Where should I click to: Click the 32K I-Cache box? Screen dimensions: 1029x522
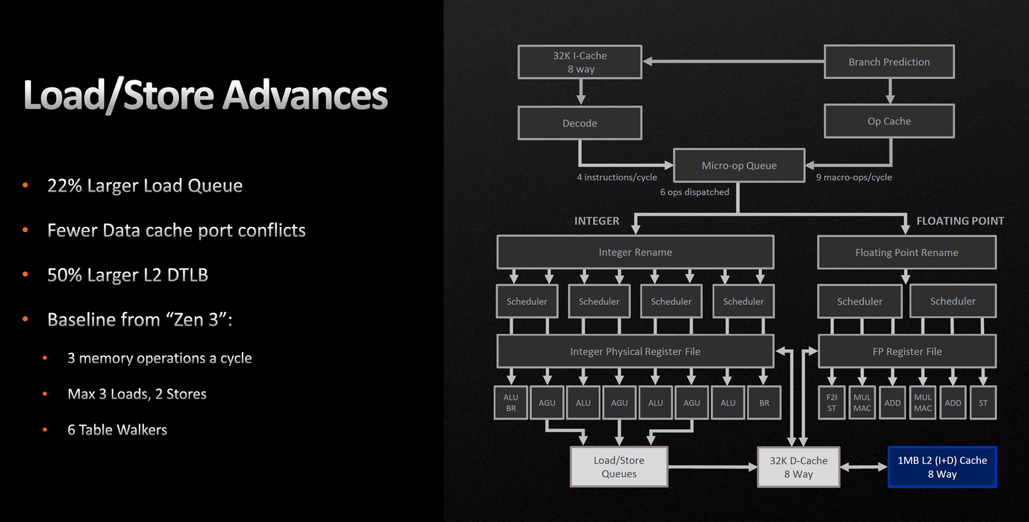point(579,62)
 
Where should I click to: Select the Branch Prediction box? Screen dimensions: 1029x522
point(889,62)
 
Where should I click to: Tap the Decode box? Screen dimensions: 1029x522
point(579,123)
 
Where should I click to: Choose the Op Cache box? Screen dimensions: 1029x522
point(889,122)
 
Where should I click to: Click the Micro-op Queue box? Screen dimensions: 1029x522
point(739,165)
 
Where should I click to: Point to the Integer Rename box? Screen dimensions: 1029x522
point(635,252)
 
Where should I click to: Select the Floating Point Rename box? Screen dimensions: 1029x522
point(907,252)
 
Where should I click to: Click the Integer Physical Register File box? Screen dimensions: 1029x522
point(635,351)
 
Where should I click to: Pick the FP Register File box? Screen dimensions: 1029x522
point(907,351)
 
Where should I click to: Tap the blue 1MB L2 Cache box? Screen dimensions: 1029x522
point(942,467)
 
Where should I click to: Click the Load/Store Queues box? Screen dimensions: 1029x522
point(619,467)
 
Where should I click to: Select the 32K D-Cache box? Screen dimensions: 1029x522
point(798,467)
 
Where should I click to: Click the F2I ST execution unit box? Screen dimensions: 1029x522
point(832,402)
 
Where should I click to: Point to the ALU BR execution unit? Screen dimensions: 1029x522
point(511,402)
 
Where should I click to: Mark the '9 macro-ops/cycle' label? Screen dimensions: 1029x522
point(853,177)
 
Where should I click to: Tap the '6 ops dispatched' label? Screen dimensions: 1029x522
point(695,192)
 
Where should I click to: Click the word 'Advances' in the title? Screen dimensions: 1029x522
point(305,95)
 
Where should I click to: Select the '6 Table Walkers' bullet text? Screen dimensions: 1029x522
point(117,429)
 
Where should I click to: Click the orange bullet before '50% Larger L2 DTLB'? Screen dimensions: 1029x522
point(25,274)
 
